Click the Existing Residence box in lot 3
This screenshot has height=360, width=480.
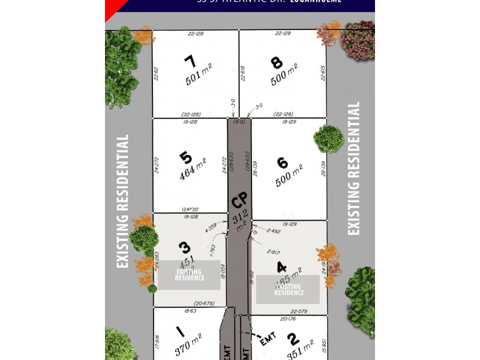189,275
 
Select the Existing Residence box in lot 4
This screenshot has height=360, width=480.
288,289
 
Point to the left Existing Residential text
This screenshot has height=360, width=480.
123,201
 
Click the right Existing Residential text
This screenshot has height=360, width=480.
353,169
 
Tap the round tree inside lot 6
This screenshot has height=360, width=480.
328,139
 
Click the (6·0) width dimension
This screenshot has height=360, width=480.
239,122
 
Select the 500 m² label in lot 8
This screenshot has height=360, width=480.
284,76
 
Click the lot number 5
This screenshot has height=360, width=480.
186,158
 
